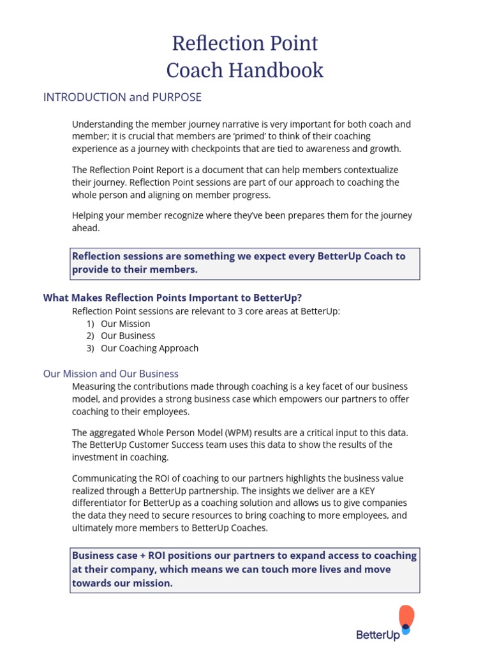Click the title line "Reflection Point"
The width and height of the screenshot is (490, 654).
tap(245, 43)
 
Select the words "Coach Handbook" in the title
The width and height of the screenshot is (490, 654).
tap(245, 70)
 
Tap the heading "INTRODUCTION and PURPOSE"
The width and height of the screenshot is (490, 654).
tap(122, 97)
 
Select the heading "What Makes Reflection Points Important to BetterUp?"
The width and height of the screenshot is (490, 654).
tap(172, 298)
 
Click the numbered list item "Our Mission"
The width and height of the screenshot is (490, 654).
tap(125, 324)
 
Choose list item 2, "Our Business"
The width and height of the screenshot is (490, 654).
tap(128, 336)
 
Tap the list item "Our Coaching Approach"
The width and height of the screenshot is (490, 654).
tap(149, 348)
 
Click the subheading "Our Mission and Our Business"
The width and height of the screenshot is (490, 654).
tap(111, 374)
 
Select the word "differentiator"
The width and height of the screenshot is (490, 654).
tap(102, 503)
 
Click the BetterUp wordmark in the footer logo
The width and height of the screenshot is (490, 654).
tap(378, 634)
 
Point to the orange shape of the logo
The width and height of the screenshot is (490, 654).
tap(406, 616)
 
